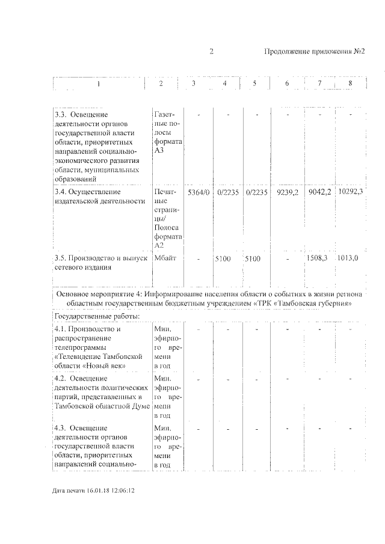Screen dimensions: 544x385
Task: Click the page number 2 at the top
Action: [x=212, y=52]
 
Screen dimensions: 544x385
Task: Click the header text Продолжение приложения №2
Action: [x=315, y=52]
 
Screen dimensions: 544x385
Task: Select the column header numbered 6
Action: [x=287, y=83]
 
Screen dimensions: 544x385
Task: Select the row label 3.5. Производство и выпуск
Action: [x=100, y=258]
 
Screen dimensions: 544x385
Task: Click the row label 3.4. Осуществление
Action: [x=87, y=192]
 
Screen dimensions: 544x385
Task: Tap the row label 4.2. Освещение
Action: [x=81, y=379]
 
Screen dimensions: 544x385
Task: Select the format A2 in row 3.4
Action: [x=159, y=245]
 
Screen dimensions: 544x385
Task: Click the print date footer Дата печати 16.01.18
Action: [x=93, y=491]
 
